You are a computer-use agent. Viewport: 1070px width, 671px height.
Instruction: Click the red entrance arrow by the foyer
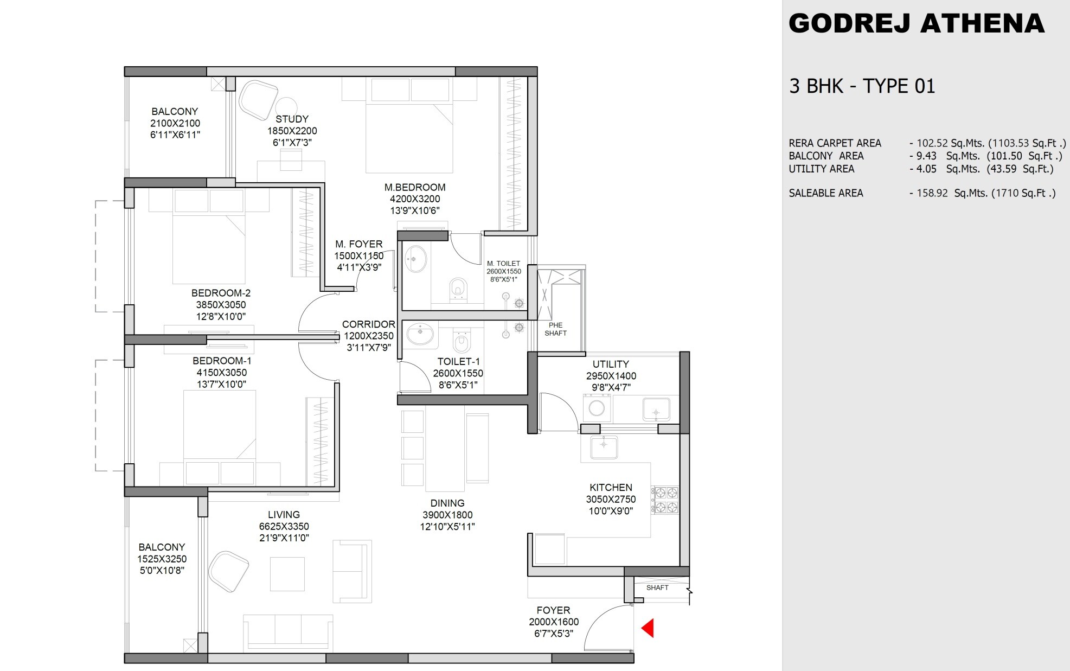tap(648, 628)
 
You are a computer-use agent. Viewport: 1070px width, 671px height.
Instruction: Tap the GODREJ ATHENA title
tap(916, 23)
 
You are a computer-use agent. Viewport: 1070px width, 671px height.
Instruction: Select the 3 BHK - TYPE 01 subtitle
tap(862, 86)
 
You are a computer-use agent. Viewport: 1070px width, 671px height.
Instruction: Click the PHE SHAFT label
tap(555, 329)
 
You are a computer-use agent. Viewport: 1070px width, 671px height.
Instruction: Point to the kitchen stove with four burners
tap(666, 500)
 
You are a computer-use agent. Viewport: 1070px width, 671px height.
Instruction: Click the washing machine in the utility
tap(597, 408)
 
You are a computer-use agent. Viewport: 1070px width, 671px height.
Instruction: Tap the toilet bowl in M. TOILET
tap(458, 289)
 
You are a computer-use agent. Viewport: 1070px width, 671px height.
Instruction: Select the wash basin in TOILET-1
tap(420, 334)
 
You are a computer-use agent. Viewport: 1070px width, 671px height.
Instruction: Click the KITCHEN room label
tap(611, 487)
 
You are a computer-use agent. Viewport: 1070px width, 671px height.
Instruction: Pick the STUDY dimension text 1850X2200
tap(292, 131)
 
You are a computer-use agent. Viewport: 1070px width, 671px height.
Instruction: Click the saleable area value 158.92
tap(932, 193)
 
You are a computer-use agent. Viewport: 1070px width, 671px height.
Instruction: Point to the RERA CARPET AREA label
tap(835, 143)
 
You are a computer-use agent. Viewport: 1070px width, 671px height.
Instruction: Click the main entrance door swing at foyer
tap(607, 629)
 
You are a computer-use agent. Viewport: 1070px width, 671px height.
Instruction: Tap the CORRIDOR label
tap(368, 324)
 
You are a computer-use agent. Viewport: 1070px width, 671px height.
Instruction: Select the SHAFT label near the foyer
tap(657, 587)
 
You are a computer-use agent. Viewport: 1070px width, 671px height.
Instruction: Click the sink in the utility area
tap(656, 410)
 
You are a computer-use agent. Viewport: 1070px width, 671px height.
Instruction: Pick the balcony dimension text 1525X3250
tap(162, 559)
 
